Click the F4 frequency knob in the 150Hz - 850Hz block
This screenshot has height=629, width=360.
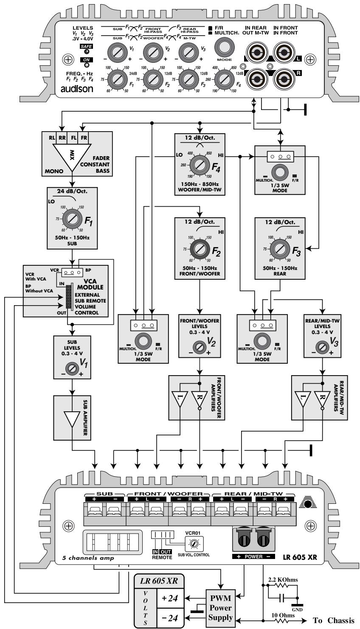click(198, 163)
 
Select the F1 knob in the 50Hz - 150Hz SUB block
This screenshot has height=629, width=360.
click(70, 219)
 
